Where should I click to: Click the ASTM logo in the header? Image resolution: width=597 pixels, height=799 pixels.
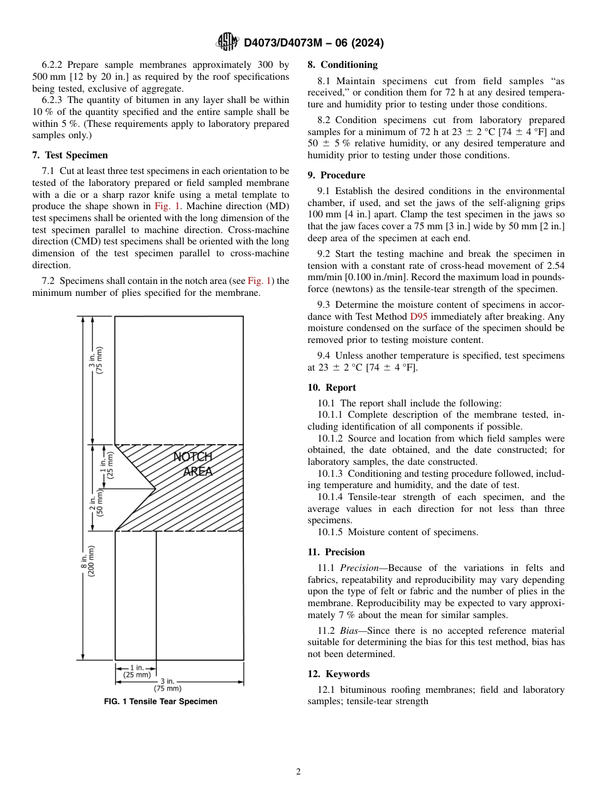tap(227, 42)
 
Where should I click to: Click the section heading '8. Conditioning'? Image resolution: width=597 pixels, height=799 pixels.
tap(342, 65)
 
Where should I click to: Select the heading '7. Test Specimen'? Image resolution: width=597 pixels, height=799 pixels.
tap(70, 155)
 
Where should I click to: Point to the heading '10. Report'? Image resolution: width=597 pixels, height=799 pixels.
tap(332, 388)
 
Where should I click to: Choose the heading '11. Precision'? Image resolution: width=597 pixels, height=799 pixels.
tap(336, 552)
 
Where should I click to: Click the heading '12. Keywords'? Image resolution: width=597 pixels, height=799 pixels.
tap(339, 674)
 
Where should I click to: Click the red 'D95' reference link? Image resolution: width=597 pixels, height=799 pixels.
tap(419, 317)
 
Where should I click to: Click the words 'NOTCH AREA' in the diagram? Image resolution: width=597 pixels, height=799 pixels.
tap(194, 464)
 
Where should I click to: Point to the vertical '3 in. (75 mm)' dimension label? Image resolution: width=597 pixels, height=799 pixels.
tap(96, 361)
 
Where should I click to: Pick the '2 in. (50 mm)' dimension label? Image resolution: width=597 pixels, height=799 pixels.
tap(96, 503)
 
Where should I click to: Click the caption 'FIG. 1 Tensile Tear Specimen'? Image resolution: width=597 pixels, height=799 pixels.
tap(160, 702)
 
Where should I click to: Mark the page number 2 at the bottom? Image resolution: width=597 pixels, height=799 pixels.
tap(298, 772)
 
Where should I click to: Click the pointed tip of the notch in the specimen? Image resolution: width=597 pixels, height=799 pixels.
tap(155, 488)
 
